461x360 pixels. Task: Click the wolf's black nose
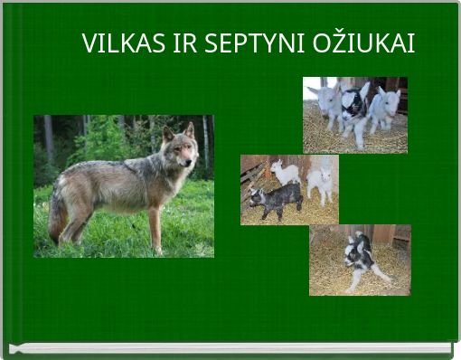[194, 164]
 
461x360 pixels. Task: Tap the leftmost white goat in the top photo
[326, 102]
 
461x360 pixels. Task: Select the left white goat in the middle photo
[287, 171]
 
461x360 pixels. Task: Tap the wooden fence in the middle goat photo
[254, 171]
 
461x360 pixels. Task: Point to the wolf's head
[181, 151]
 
